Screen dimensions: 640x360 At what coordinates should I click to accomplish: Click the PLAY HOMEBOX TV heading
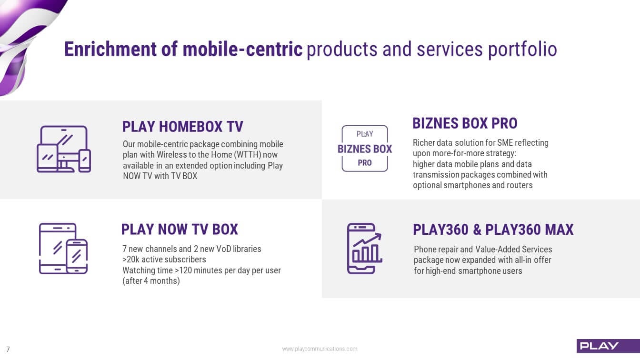coord(183,127)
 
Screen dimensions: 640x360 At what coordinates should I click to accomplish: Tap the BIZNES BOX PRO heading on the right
coord(465,123)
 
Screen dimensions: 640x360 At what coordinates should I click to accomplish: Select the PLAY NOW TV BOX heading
coord(180,229)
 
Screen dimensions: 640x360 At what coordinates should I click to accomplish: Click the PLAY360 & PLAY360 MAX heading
coord(493,230)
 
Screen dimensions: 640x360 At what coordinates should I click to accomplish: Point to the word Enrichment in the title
coord(110,49)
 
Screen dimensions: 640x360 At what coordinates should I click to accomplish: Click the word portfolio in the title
coord(522,49)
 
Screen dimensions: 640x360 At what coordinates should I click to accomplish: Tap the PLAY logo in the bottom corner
coord(608,346)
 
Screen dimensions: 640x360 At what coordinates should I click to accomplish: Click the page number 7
coord(8,349)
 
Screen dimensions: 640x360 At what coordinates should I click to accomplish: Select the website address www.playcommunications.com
coord(320,349)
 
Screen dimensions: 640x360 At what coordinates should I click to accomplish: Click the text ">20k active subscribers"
coord(164,260)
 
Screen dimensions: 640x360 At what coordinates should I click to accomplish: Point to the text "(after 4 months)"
coord(151,281)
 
